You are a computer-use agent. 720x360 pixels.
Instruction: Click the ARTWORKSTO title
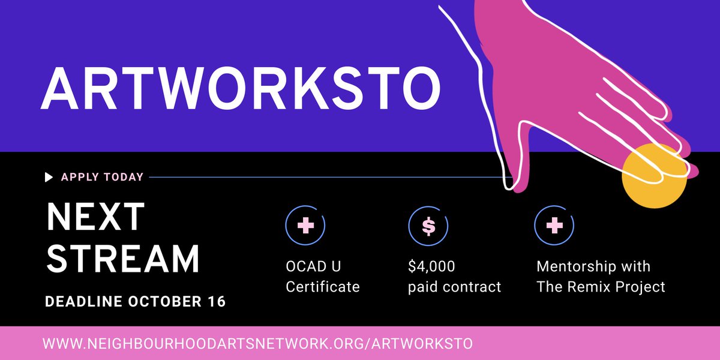click(x=240, y=88)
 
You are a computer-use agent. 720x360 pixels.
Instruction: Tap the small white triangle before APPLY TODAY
click(x=49, y=177)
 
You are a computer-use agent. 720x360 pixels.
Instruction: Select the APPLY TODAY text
click(x=102, y=177)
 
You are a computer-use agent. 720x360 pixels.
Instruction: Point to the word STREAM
click(x=123, y=259)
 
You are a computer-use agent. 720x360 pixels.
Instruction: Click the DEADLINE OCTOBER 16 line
click(x=136, y=301)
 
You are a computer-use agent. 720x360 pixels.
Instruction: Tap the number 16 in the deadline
click(x=217, y=301)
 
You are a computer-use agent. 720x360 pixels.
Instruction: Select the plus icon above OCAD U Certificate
click(x=306, y=226)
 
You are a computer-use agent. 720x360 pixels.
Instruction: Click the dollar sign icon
click(x=428, y=226)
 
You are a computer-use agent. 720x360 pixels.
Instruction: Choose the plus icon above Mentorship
click(x=554, y=226)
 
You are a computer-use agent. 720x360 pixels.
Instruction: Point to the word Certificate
click(x=322, y=287)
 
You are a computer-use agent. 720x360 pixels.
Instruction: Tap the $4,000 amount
click(x=431, y=266)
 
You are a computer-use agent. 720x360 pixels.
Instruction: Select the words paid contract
click(x=454, y=287)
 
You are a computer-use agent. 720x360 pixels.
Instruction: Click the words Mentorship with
click(x=593, y=266)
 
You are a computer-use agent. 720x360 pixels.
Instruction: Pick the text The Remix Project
click(x=601, y=287)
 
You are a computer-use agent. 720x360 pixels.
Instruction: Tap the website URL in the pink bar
click(x=257, y=344)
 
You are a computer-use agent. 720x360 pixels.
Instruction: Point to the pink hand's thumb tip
click(x=515, y=183)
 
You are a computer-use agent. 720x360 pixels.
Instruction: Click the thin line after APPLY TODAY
click(x=324, y=177)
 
